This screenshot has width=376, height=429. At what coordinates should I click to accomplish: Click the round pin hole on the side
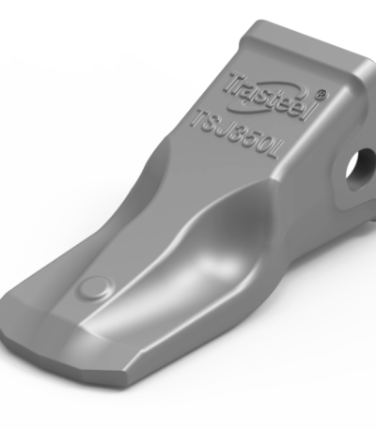357,167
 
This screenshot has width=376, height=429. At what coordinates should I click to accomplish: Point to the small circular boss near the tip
91,288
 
